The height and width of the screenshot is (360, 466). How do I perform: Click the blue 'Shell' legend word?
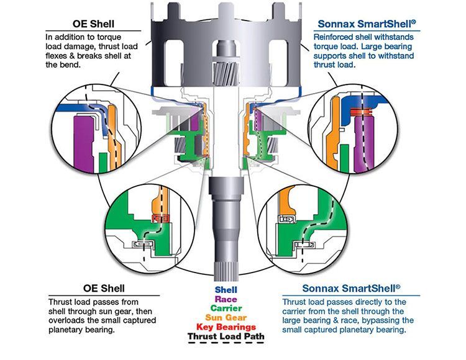pyautogui.click(x=226, y=289)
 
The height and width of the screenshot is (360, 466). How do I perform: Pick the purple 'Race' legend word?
pyautogui.click(x=226, y=299)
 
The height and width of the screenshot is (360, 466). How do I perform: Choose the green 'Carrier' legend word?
pyautogui.click(x=226, y=308)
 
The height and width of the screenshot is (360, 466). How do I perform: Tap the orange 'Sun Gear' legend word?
pyautogui.click(x=226, y=317)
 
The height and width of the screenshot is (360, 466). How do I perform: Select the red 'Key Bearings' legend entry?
pyautogui.click(x=226, y=326)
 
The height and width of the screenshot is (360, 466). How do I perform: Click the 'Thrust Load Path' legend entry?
pyautogui.click(x=226, y=337)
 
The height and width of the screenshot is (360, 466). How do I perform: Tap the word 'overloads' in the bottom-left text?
pyautogui.click(x=68, y=321)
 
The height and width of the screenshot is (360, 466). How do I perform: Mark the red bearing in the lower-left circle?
pyautogui.click(x=161, y=218)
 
